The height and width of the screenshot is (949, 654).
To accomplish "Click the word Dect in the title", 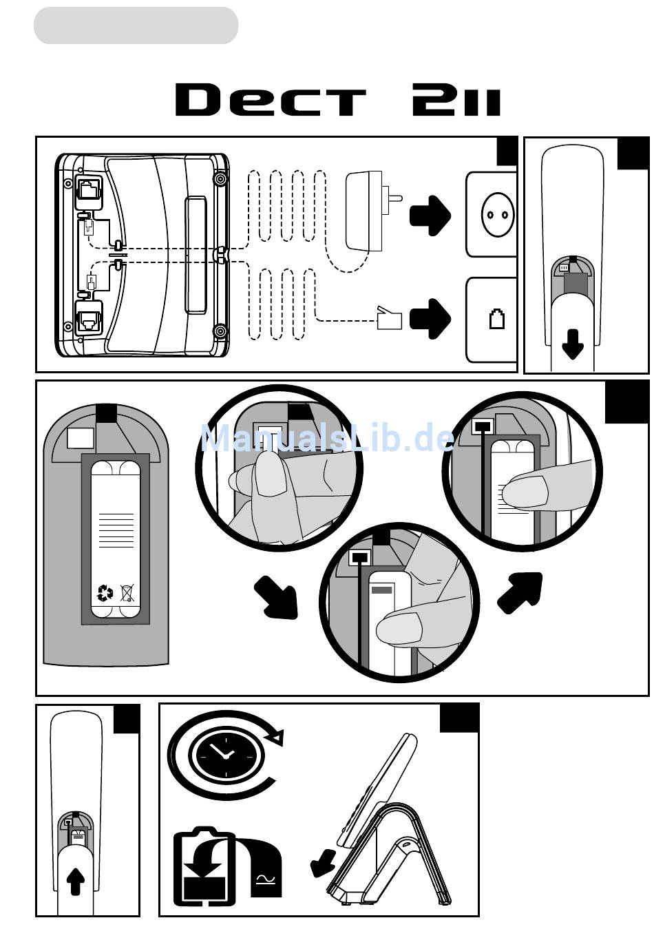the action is pyautogui.click(x=271, y=100).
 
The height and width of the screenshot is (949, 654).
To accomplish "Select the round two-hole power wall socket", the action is pyautogui.click(x=498, y=214).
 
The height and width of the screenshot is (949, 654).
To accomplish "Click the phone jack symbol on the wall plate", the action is pyautogui.click(x=497, y=319).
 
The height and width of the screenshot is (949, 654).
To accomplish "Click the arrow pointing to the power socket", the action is pyautogui.click(x=430, y=216).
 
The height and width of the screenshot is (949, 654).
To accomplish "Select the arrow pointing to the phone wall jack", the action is pyautogui.click(x=430, y=319).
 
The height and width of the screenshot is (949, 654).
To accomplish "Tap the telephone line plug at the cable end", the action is pyautogui.click(x=389, y=317).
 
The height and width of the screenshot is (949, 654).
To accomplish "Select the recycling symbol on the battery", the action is pyautogui.click(x=105, y=593).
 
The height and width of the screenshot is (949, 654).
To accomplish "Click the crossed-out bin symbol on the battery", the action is pyautogui.click(x=127, y=593).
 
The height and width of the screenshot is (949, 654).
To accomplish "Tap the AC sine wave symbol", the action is pyautogui.click(x=266, y=881).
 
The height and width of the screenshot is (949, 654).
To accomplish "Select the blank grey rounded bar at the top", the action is pyautogui.click(x=136, y=25).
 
